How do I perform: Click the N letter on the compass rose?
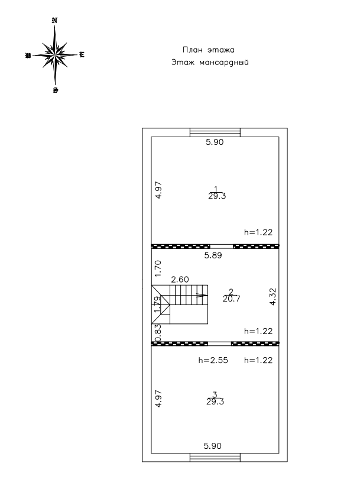pyautogui.click(x=55, y=20)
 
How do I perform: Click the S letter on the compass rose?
pyautogui.click(x=55, y=90)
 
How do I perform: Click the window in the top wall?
pyautogui.click(x=215, y=132)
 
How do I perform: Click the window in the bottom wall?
pyautogui.click(x=215, y=457)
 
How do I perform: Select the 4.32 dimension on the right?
pyautogui.click(x=273, y=295)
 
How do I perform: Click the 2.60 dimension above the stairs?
pyautogui.click(x=180, y=279)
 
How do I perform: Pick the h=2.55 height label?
pyautogui.click(x=212, y=359)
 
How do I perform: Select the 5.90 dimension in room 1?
pyautogui.click(x=215, y=142)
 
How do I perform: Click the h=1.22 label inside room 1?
pyautogui.click(x=258, y=232)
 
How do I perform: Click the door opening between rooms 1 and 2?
pyautogui.click(x=222, y=246)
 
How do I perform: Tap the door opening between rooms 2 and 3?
pyautogui.click(x=219, y=343)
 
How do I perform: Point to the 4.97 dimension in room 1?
pyautogui.click(x=158, y=193)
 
